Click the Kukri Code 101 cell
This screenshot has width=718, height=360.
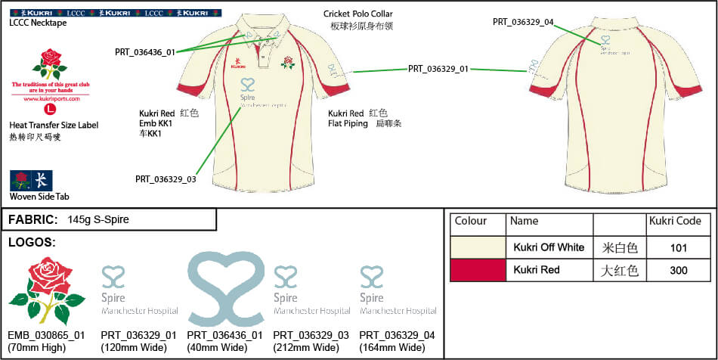tap(679, 247)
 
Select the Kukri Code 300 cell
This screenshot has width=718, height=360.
tap(679, 270)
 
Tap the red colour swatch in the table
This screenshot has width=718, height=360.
tap(477, 270)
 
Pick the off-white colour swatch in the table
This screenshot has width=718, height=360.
tap(477, 247)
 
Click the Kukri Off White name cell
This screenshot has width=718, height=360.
tap(549, 247)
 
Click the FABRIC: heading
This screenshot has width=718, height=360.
tap(33, 220)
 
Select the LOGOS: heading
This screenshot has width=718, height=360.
tap(32, 243)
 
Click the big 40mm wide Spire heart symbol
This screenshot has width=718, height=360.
tap(225, 287)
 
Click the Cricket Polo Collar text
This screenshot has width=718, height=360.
tap(358, 14)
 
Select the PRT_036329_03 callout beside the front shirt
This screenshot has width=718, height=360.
tap(166, 179)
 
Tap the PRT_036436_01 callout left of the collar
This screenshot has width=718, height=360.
tap(145, 52)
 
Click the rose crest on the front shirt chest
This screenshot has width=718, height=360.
tap(287, 61)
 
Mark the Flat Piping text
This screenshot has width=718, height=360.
tap(348, 123)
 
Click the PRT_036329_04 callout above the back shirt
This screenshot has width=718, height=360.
tap(523, 22)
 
